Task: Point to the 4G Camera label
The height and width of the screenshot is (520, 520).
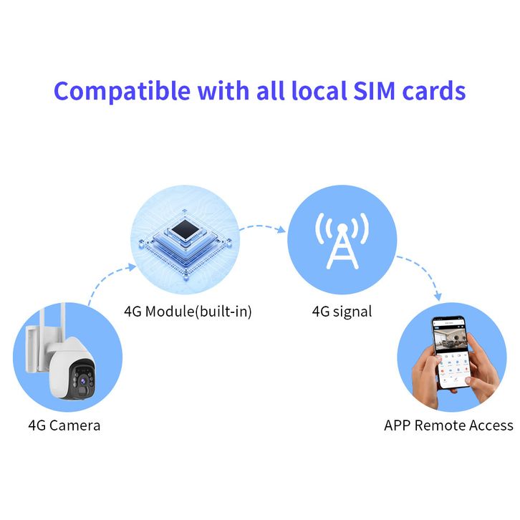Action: click(x=64, y=425)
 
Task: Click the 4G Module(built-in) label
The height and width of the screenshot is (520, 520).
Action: click(x=188, y=312)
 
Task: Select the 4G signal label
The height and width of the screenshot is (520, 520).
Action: click(x=342, y=312)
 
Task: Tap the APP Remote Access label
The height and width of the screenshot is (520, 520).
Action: click(x=448, y=425)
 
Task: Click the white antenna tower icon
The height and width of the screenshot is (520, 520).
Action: click(x=342, y=240)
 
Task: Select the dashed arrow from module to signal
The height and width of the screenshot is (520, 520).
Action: click(x=262, y=228)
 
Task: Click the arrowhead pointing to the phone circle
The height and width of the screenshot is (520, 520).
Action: click(x=439, y=297)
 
